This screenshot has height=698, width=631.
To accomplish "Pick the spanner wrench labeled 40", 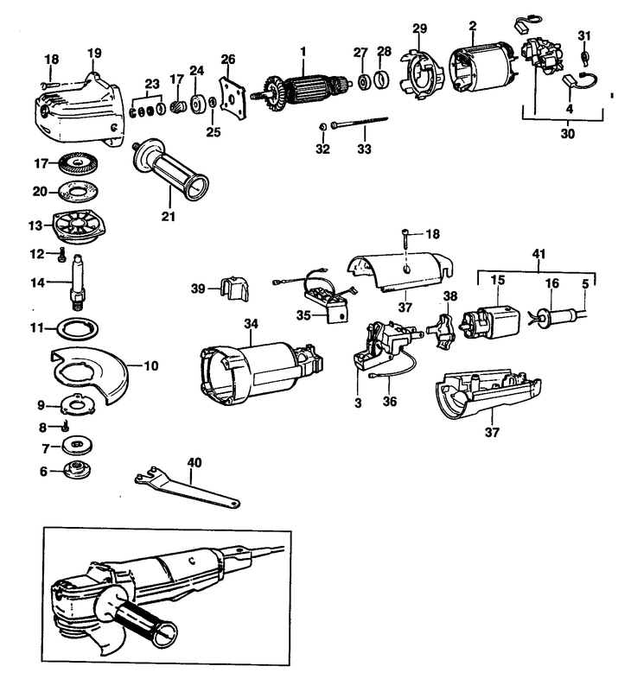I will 186,484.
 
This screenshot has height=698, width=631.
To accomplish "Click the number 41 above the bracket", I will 539,254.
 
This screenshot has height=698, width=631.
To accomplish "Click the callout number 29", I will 419,29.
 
